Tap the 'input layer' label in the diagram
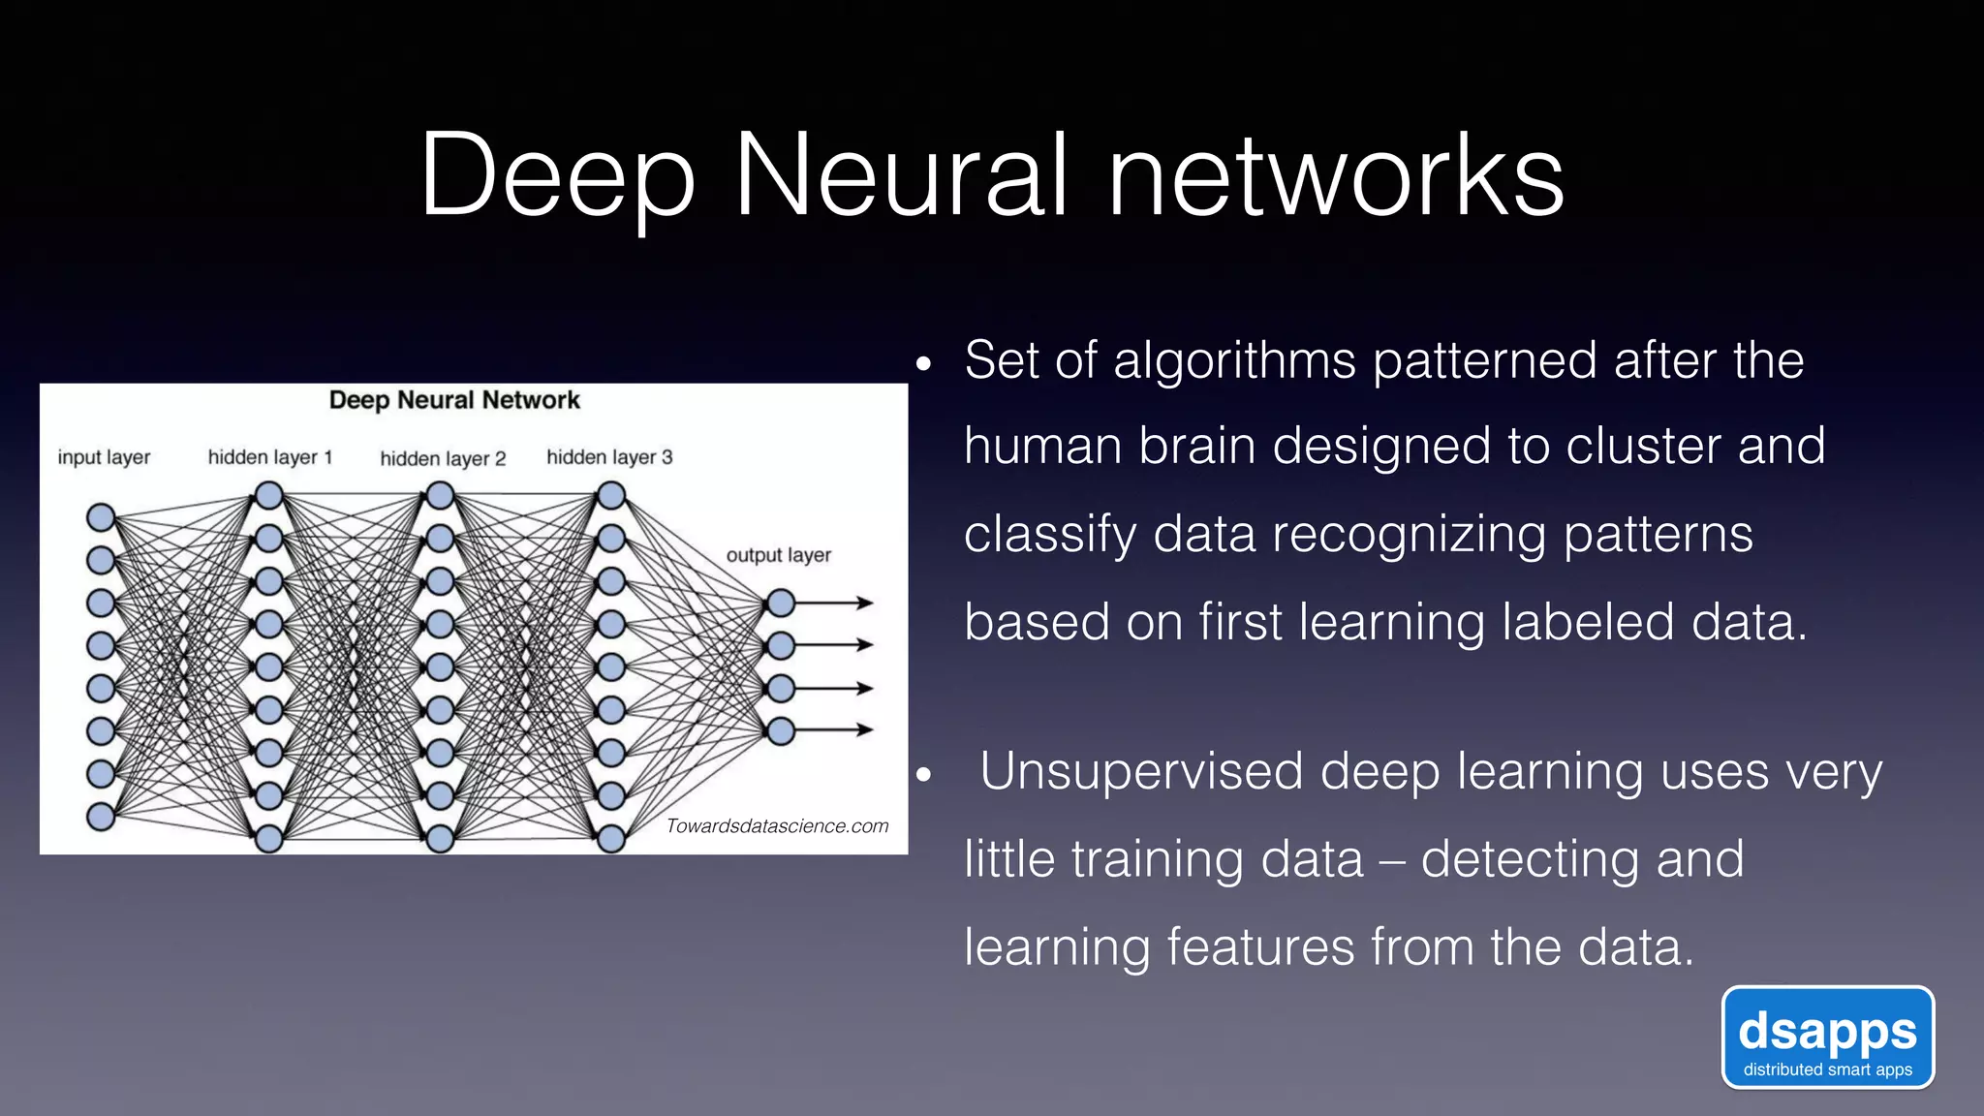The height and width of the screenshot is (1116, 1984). (104, 457)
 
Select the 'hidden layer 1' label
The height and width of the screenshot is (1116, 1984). (269, 457)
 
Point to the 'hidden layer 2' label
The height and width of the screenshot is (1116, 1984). (443, 458)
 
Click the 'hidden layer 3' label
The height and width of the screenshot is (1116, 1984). (608, 457)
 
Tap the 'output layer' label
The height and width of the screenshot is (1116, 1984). (778, 555)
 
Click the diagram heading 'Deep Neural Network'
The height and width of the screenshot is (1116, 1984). (454, 400)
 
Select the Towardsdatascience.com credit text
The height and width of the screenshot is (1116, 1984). (777, 826)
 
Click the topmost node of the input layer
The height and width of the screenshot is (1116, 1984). (101, 517)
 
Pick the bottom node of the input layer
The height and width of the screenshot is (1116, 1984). (101, 817)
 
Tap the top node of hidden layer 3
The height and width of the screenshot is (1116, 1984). (611, 496)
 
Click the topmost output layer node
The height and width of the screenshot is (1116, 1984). (781, 604)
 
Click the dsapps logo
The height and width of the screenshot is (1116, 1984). (1827, 1038)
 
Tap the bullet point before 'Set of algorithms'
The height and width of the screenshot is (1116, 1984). (923, 365)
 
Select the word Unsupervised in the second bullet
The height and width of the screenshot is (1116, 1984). (1140, 772)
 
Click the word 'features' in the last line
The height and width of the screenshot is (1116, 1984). (1260, 947)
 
